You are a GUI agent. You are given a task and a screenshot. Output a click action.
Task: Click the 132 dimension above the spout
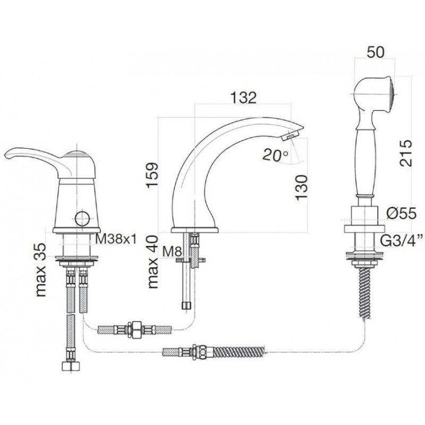tap(243, 98)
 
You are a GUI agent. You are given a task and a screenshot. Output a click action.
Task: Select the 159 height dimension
tap(152, 175)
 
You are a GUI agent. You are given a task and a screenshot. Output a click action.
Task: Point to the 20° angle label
tap(275, 156)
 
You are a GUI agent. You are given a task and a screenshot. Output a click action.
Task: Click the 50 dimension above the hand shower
tap(376, 52)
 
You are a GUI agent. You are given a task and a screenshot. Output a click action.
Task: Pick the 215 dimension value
tap(405, 153)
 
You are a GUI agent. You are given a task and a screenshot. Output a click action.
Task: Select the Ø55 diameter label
tap(402, 214)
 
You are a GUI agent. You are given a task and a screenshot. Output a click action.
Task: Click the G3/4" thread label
tap(402, 241)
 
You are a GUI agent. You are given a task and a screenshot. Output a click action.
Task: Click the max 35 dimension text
tap(41, 270)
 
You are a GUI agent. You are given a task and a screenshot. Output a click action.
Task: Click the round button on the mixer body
tap(82, 218)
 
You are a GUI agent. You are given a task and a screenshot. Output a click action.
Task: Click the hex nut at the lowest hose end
tap(71, 366)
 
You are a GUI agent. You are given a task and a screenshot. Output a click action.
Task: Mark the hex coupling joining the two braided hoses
tap(135, 329)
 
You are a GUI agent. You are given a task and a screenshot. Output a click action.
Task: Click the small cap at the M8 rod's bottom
tap(186, 305)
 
